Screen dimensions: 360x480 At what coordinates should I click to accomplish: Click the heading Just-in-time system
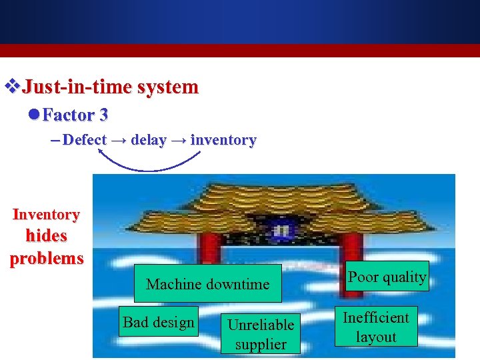pos(110,87)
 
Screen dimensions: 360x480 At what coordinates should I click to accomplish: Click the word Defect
pos(85,140)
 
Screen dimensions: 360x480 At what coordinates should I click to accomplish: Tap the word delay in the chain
pos(148,140)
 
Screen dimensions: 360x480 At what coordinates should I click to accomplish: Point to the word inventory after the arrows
pos(223,140)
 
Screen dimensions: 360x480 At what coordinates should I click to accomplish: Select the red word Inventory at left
pos(46,215)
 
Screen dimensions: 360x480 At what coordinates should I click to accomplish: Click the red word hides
pos(46,236)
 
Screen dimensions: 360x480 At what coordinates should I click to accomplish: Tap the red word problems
pos(46,259)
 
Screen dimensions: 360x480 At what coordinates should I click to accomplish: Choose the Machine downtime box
pos(207,284)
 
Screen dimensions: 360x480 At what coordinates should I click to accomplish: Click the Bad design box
pos(159,323)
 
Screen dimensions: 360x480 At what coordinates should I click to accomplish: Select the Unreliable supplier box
pos(261,334)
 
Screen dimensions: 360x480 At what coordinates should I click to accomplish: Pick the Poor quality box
pos(387,277)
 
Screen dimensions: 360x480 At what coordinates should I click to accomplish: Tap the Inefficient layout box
pos(375,327)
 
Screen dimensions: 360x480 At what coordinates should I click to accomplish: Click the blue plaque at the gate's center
pos(283,230)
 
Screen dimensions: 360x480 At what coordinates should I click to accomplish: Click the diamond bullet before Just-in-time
pos(11,87)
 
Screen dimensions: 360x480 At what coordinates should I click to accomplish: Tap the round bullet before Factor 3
pos(34,115)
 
